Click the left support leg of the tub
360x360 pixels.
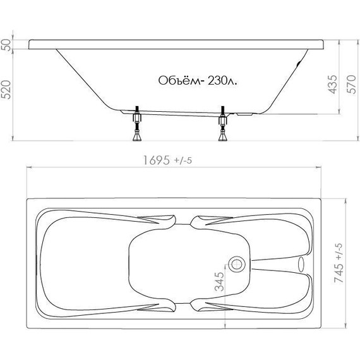click(136, 126)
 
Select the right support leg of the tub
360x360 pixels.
click(222, 126)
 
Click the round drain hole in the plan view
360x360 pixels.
click(238, 263)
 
